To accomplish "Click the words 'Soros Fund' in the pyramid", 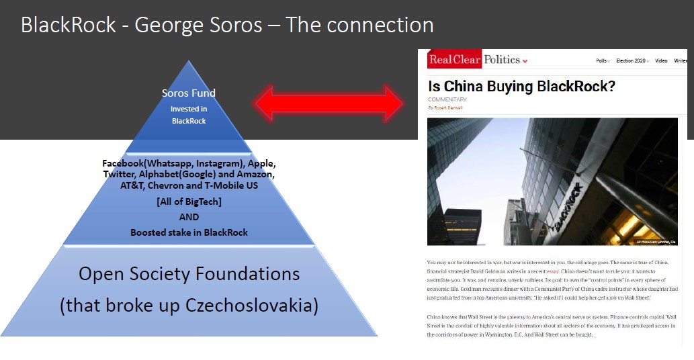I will tap(189, 93).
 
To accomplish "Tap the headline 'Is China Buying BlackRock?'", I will tap(521, 86).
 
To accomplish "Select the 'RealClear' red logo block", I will tap(455, 60).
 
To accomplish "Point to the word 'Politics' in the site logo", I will tap(502, 60).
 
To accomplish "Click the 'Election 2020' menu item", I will tap(631, 60).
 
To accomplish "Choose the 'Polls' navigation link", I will tap(602, 60).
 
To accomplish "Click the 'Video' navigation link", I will tap(661, 60).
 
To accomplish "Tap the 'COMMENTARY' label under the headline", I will tap(447, 100).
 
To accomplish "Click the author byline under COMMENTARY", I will tap(445, 107).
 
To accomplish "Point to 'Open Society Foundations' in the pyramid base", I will tap(189, 274).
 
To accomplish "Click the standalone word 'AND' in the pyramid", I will tap(189, 218).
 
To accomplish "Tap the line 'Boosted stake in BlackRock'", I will tap(189, 232).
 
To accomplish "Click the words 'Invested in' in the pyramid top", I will tap(189, 108).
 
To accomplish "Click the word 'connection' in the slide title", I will tap(382, 25).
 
